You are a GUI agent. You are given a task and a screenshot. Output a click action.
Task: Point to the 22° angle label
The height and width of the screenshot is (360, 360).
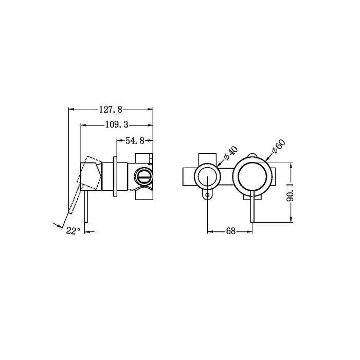click(73, 231)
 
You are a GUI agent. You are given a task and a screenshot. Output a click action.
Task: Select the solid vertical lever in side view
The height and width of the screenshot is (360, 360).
click(87, 206)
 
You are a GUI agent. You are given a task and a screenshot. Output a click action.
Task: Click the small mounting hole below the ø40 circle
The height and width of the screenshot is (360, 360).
click(207, 195)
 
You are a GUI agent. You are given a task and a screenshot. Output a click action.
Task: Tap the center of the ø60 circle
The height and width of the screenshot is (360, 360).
click(251, 177)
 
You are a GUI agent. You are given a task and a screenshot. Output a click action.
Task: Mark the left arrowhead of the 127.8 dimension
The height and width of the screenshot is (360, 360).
click(70, 109)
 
